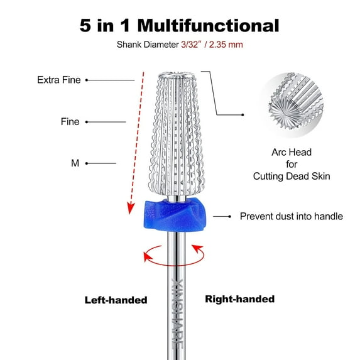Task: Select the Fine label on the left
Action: [x=70, y=122]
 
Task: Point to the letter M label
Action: [x=75, y=163]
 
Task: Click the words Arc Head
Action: [x=291, y=152]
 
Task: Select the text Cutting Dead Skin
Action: [x=291, y=177]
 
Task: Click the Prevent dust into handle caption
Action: [x=291, y=216]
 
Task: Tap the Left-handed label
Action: [x=116, y=300]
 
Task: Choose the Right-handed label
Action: [x=239, y=299]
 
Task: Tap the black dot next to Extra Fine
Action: [x=87, y=80]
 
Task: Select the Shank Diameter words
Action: [x=147, y=45]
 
